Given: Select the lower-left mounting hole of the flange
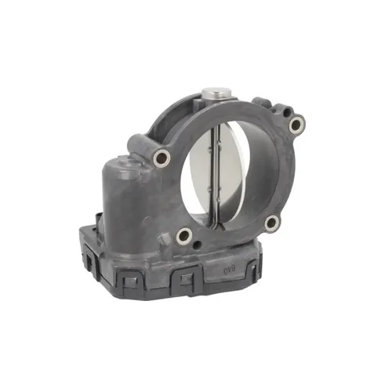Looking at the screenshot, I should [183, 234].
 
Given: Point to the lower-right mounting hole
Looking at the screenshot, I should [271, 223].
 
